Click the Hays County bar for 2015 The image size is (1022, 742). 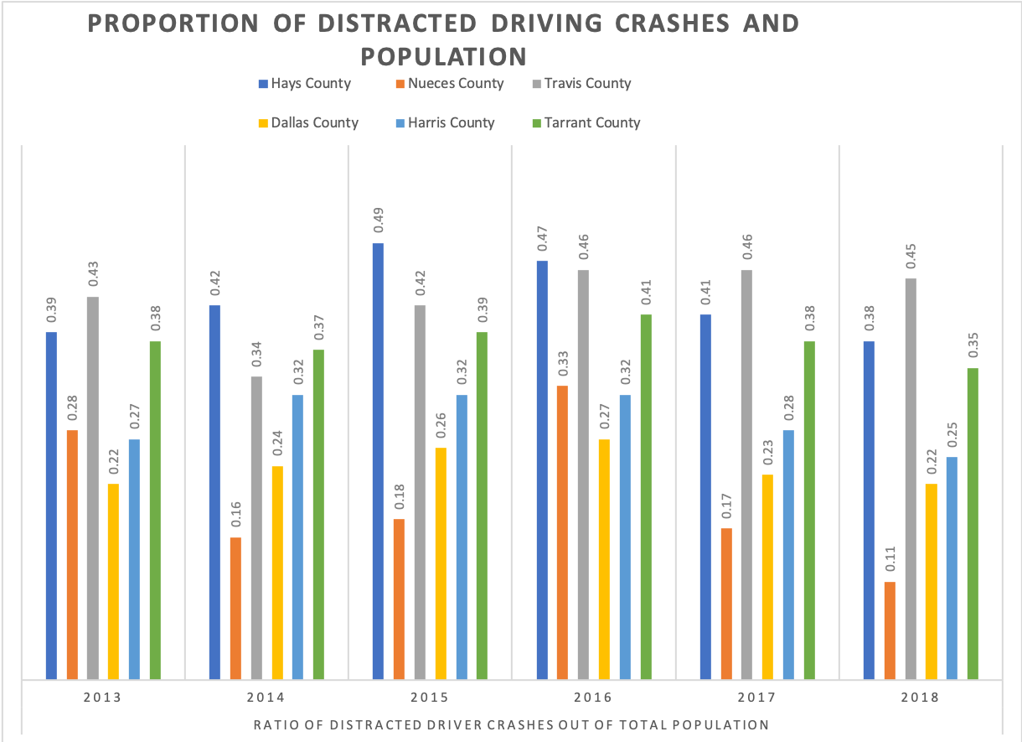pyautogui.click(x=379, y=461)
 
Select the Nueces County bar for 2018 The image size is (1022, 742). pyautogui.click(x=890, y=630)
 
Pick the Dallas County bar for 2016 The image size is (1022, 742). pyautogui.click(x=604, y=558)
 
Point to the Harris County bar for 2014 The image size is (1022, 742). pyautogui.click(x=298, y=537)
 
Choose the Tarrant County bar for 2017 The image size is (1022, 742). pyautogui.click(x=809, y=510)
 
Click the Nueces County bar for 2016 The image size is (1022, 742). pyautogui.click(x=562, y=532)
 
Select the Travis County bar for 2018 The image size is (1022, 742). pyautogui.click(x=911, y=479)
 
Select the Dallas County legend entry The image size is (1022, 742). pyautogui.click(x=311, y=123)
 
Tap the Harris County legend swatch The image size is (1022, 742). pyautogui.click(x=400, y=123)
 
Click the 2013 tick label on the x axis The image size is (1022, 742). pyautogui.click(x=102, y=698)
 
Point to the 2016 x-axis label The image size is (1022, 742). pyautogui.click(x=593, y=698)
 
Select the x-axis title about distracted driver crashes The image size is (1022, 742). pyautogui.click(x=511, y=724)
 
